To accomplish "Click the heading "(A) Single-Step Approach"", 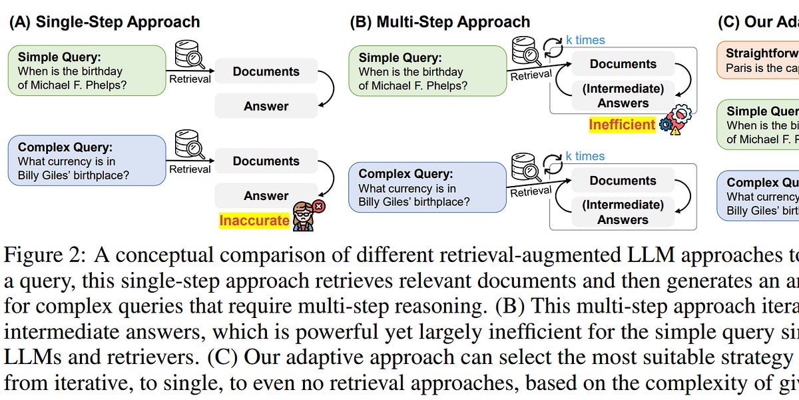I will (x=104, y=21).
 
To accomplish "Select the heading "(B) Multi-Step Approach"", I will (x=440, y=21).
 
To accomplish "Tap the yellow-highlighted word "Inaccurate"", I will (x=254, y=220).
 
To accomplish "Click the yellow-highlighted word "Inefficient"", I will (x=622, y=124).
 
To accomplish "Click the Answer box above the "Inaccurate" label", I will (x=266, y=195).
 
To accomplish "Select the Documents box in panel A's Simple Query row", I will (x=266, y=71).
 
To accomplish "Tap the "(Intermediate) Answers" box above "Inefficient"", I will (x=623, y=95).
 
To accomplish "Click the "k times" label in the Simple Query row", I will (x=585, y=40).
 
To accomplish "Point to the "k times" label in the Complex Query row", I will (x=585, y=156).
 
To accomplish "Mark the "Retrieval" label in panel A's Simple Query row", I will (x=190, y=79).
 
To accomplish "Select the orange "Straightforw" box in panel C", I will (x=758, y=60).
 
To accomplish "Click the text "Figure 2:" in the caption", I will (x=45, y=255).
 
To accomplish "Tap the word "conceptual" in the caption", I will (x=168, y=255).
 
